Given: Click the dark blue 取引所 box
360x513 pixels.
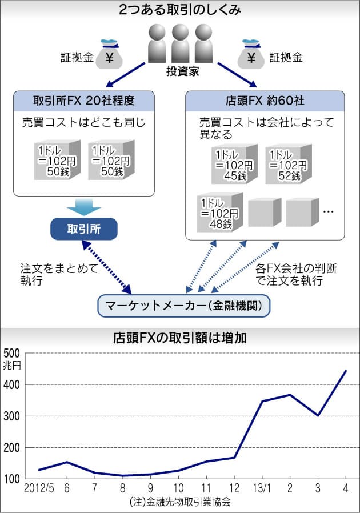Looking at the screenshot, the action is pyautogui.click(x=84, y=229).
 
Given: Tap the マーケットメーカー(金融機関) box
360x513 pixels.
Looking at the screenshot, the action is pyautogui.click(x=183, y=306).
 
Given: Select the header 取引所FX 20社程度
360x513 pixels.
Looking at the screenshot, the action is pyautogui.click(x=84, y=101).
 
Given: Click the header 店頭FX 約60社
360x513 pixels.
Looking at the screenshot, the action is pyautogui.click(x=265, y=101).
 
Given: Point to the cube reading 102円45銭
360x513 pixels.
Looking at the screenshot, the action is pyautogui.click(x=234, y=164).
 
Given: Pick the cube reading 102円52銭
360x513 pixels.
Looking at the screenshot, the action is pyautogui.click(x=289, y=164).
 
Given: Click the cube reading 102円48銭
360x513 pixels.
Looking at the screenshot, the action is pyautogui.click(x=220, y=213).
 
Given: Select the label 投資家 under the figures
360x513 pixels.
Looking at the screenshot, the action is pyautogui.click(x=183, y=71).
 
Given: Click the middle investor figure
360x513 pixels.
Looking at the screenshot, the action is pyautogui.click(x=181, y=43).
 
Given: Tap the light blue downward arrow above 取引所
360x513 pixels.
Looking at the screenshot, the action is pyautogui.click(x=84, y=207).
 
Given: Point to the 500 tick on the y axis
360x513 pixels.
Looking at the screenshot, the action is pyautogui.click(x=12, y=354).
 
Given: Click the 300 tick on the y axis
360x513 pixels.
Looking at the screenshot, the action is pyautogui.click(x=12, y=416).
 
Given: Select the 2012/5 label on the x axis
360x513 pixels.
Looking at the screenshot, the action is pyautogui.click(x=39, y=488).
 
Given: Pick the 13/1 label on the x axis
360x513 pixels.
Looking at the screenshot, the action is pyautogui.click(x=262, y=488).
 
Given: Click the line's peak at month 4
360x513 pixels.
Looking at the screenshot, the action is pyautogui.click(x=346, y=371).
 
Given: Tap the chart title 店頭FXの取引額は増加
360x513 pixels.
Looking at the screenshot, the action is pyautogui.click(x=179, y=338).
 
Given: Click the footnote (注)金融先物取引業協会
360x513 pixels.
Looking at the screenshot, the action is pyautogui.click(x=180, y=502).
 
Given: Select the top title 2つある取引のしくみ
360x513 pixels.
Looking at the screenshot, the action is pyautogui.click(x=180, y=10).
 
